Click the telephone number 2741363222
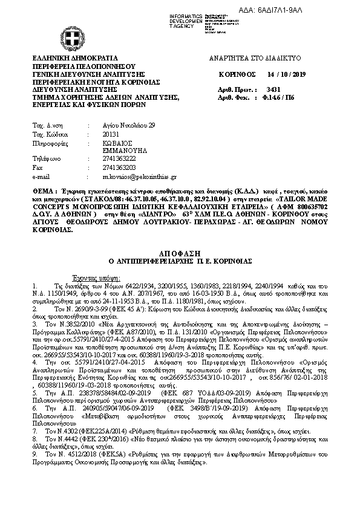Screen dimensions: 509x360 (103, 159)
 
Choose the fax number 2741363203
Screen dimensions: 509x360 (103, 167)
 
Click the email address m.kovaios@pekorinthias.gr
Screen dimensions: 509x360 (131, 177)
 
